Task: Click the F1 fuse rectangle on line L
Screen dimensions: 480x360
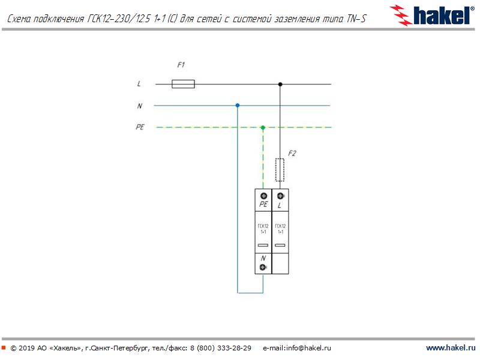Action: tap(183, 84)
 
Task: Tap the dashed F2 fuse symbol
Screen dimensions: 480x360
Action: tap(280, 170)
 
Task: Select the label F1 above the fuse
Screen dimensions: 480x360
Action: tap(181, 65)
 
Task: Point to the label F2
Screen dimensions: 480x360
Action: tap(292, 153)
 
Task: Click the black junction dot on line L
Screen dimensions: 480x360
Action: tap(280, 84)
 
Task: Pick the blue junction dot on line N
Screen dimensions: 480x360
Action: tap(238, 106)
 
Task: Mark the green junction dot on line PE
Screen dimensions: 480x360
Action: tap(263, 127)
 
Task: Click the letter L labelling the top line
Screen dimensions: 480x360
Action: tap(139, 83)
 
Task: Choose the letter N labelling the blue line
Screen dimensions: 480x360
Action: tap(140, 106)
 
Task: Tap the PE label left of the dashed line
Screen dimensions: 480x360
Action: tap(140, 127)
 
